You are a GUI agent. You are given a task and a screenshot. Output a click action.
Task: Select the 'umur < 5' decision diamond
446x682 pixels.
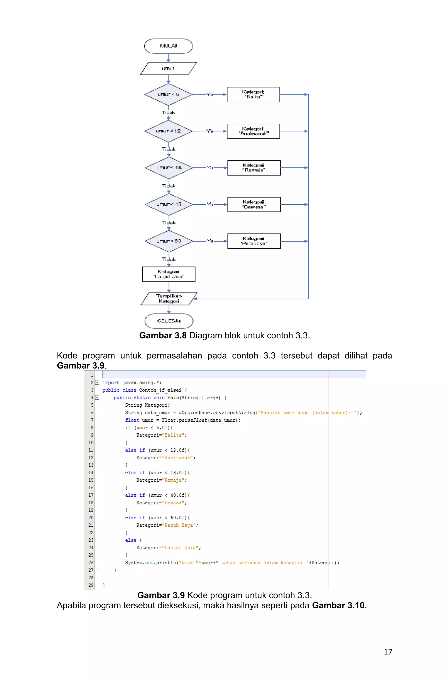(x=168, y=94)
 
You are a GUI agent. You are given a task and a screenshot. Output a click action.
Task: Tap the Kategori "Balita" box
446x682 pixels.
(x=253, y=94)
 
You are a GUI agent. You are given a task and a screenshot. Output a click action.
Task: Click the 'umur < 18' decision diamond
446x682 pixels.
(x=169, y=168)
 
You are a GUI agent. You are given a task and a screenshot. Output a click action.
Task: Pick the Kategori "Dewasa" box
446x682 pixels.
(x=254, y=204)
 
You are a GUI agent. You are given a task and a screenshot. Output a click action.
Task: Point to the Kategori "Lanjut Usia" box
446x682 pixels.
(x=169, y=274)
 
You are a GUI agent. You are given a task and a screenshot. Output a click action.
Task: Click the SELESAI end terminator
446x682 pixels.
(x=169, y=321)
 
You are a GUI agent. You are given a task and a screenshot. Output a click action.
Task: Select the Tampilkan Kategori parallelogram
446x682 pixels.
(x=169, y=299)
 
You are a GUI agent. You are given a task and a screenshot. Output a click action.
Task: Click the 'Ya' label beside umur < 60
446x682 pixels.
(x=210, y=241)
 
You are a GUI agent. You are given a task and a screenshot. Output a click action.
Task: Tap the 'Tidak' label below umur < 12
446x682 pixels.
(x=169, y=149)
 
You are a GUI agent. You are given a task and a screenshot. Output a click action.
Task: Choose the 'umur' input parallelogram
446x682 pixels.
(x=168, y=68)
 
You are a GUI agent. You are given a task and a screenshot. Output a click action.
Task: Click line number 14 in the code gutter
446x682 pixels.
(x=91, y=473)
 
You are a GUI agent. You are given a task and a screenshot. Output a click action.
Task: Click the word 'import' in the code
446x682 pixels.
(x=111, y=383)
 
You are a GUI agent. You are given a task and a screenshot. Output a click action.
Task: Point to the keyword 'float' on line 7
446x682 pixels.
(x=132, y=420)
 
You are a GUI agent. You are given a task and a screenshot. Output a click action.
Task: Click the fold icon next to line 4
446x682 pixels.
(x=97, y=397)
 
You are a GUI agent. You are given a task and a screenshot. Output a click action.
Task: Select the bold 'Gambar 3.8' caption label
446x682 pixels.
(x=163, y=336)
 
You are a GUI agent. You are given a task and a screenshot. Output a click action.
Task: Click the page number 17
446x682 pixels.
(x=388, y=652)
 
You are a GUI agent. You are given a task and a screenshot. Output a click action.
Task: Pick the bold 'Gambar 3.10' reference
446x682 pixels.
(x=338, y=606)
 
